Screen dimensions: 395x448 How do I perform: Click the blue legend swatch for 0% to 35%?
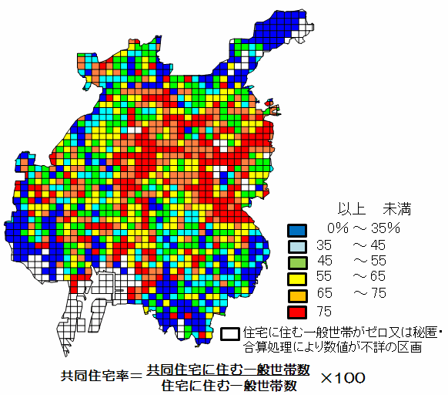(x=297, y=229)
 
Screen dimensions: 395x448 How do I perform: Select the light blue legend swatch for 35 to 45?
(x=297, y=245)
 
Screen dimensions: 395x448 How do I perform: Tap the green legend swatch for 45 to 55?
(x=297, y=262)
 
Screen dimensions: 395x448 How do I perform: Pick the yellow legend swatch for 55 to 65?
(x=297, y=278)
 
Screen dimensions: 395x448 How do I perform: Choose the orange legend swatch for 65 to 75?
(x=297, y=294)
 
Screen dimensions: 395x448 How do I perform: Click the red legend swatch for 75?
(x=297, y=311)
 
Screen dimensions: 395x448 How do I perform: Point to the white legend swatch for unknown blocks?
(x=229, y=333)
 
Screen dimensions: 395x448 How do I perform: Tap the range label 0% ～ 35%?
(x=363, y=228)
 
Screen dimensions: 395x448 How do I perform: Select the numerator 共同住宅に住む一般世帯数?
(x=229, y=370)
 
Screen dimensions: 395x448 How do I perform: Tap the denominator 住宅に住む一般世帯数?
(x=229, y=385)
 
